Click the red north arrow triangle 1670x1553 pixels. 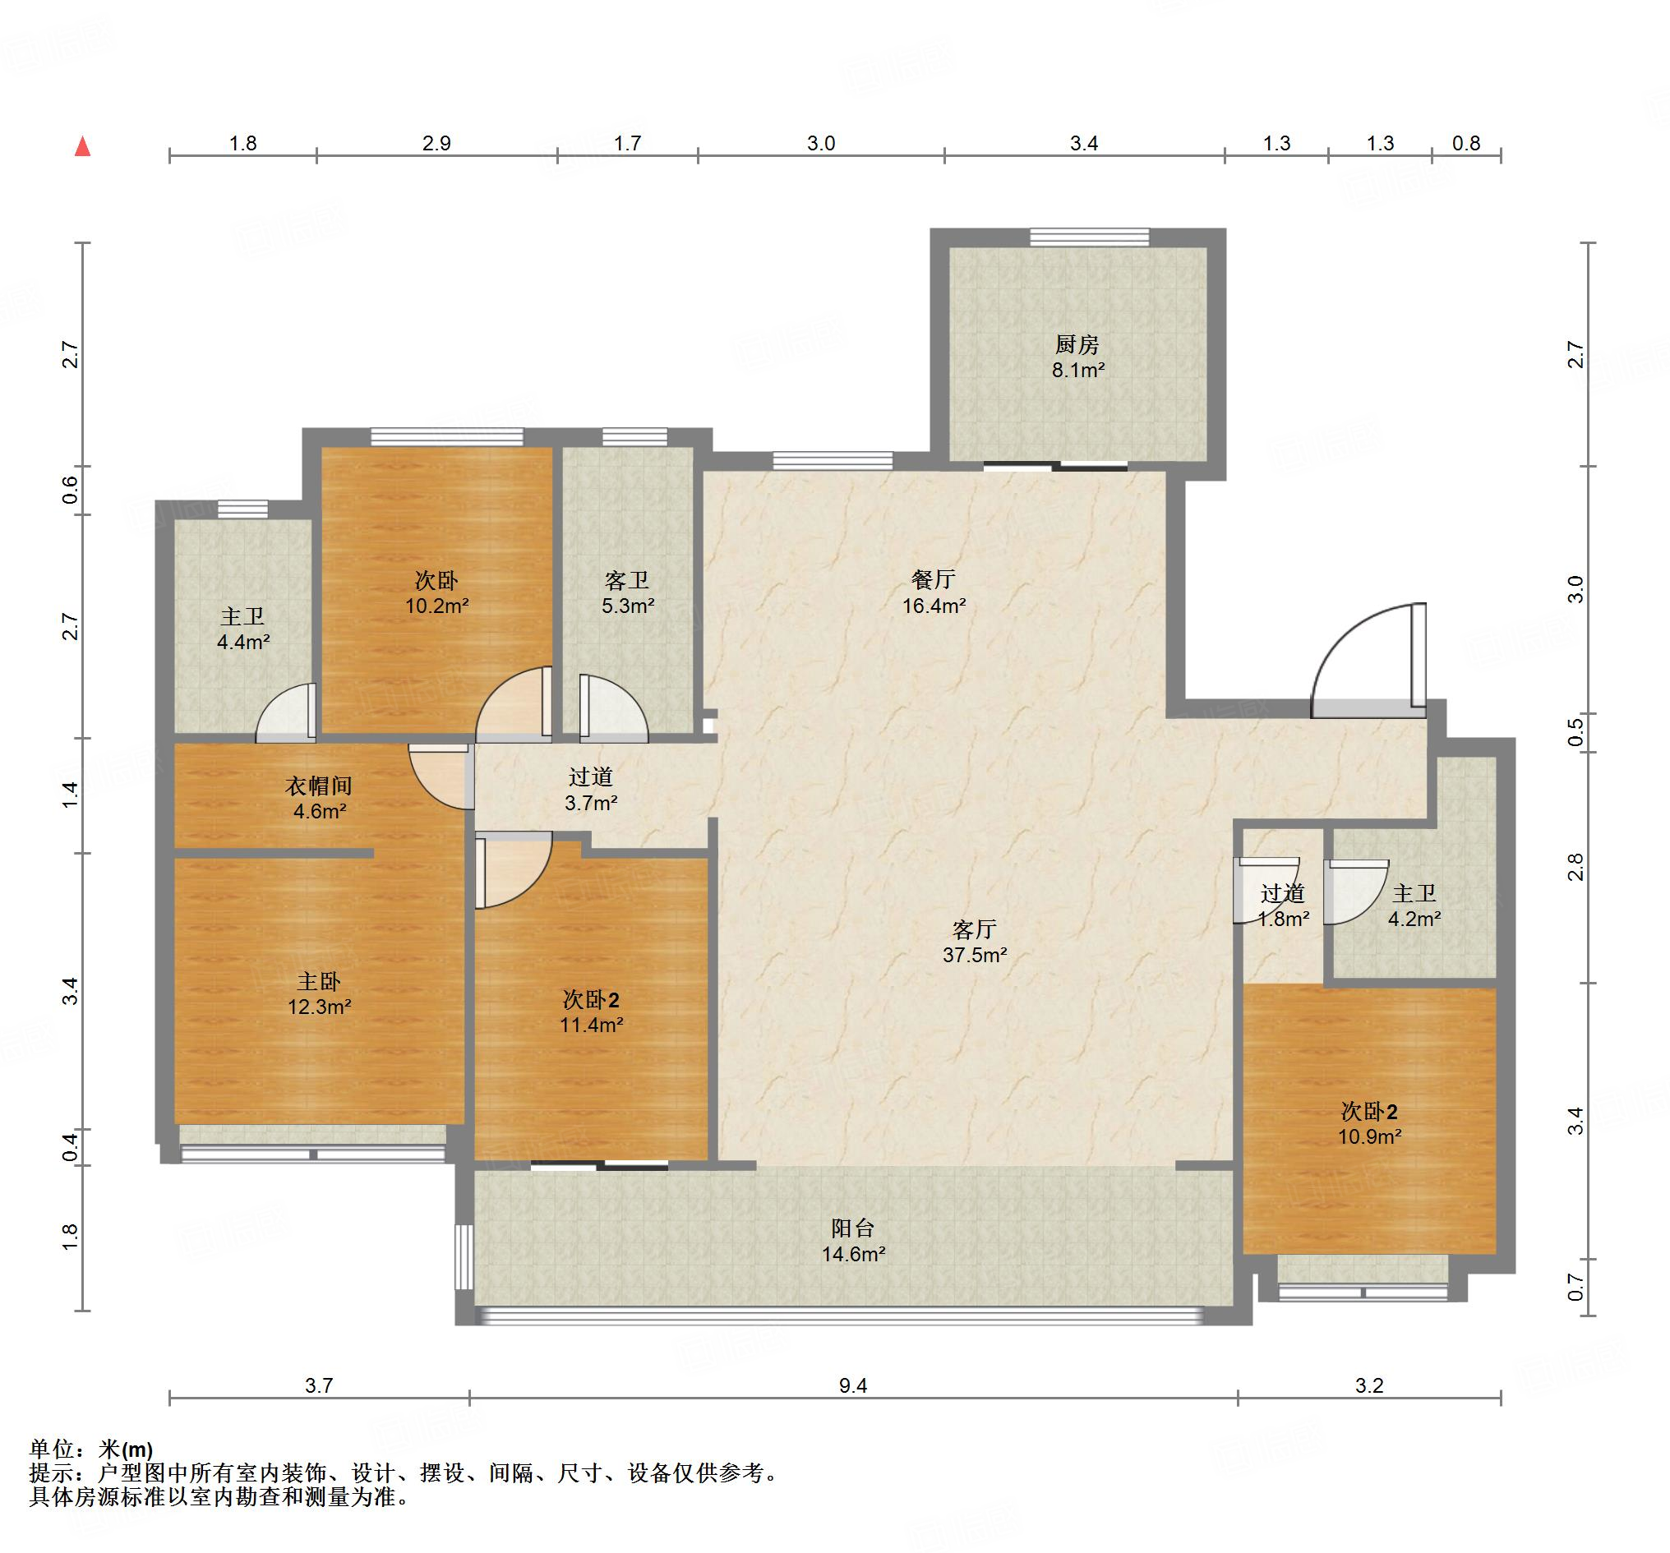[82, 146]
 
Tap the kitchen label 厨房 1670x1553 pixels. [1077, 344]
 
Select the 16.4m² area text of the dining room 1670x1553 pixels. [934, 606]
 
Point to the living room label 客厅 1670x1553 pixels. [975, 929]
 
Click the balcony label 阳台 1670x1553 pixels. [852, 1228]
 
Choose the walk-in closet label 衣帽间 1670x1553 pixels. [318, 786]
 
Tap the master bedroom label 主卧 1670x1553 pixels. [319, 981]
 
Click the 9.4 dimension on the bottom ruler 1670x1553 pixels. [852, 1385]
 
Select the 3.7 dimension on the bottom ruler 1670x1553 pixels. [318, 1385]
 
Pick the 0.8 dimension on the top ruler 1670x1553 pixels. [1466, 143]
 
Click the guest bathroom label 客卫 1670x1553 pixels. [627, 580]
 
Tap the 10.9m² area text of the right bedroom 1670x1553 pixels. [1369, 1136]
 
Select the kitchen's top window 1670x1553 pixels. [1090, 237]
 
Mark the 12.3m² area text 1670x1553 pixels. [319, 1007]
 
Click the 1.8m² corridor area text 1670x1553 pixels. [1283, 919]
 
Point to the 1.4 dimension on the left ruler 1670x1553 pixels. [70, 795]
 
